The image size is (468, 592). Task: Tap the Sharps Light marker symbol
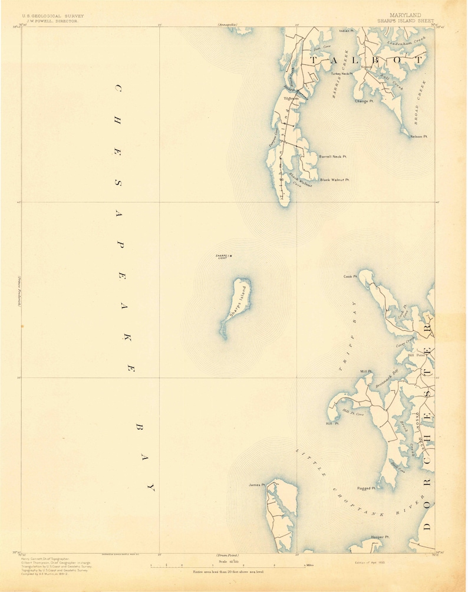tap(230, 255)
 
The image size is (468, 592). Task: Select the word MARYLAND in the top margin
tap(405, 14)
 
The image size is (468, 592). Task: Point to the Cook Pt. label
tap(351, 276)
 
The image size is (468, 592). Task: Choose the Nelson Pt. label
tap(418, 136)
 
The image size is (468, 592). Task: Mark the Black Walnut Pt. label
tap(334, 180)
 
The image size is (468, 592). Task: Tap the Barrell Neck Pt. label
tap(332, 156)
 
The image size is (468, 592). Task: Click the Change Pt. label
tap(364, 101)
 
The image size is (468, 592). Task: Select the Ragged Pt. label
tap(366, 488)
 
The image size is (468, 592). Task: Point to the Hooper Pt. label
tap(380, 537)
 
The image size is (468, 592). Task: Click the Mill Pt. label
tap(366, 371)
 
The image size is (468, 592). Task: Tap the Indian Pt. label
tap(346, 30)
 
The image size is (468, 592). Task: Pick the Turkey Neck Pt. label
tap(341, 74)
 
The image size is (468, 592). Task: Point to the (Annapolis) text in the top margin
tap(226, 25)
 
